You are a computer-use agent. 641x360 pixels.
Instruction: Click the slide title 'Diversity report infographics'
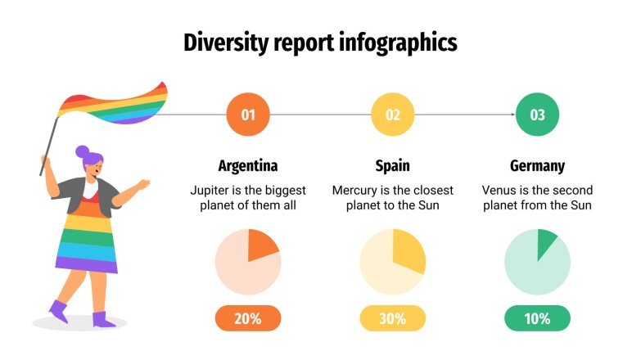point(320,42)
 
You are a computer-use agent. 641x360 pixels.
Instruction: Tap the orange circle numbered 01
point(248,115)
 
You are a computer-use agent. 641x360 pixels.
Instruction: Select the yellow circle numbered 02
point(393,115)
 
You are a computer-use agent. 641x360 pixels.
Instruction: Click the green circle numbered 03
point(537,115)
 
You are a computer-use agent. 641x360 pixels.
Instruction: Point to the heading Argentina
point(248,166)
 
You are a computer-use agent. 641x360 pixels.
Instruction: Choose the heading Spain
point(393,166)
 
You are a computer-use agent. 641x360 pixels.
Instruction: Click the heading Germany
point(537,166)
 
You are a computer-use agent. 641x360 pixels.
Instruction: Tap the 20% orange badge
point(248,318)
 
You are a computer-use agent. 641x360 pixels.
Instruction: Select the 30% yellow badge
point(393,318)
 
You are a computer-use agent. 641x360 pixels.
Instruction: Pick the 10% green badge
point(537,318)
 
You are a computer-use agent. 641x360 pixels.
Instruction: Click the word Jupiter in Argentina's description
point(210,190)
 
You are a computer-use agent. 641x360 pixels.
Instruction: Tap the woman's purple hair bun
point(82,151)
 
